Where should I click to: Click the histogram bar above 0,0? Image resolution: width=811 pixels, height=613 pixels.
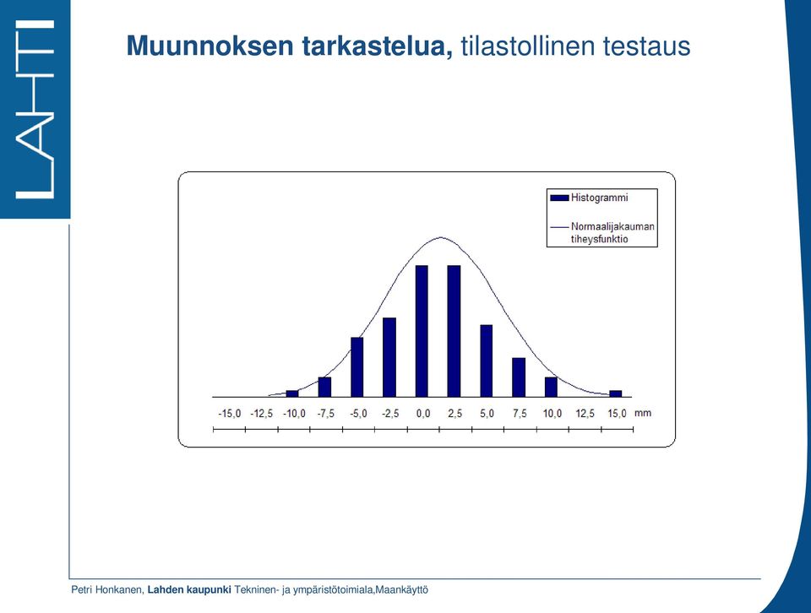click(422, 331)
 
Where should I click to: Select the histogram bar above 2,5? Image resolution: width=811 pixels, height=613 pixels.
click(454, 331)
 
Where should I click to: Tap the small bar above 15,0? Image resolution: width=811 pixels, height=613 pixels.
click(616, 393)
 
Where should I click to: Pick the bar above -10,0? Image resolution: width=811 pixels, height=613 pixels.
click(292, 393)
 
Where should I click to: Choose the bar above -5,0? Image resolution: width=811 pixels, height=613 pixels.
click(357, 367)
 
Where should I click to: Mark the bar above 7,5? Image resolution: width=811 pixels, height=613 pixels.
click(519, 377)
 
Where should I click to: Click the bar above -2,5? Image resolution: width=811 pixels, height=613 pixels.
click(389, 357)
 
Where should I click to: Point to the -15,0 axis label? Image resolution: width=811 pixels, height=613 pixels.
click(230, 414)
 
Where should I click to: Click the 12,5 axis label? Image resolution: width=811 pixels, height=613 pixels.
click(585, 414)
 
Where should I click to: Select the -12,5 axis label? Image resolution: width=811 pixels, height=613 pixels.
click(262, 414)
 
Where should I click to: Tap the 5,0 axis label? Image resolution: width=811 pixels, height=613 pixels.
click(487, 414)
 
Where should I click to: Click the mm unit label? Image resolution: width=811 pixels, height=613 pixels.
click(643, 413)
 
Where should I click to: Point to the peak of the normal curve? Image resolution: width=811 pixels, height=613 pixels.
click(440, 237)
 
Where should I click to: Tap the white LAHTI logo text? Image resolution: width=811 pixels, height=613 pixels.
click(35, 109)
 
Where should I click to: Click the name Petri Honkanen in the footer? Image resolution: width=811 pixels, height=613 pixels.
click(106, 589)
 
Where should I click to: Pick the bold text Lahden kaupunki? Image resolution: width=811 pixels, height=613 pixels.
click(189, 589)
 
